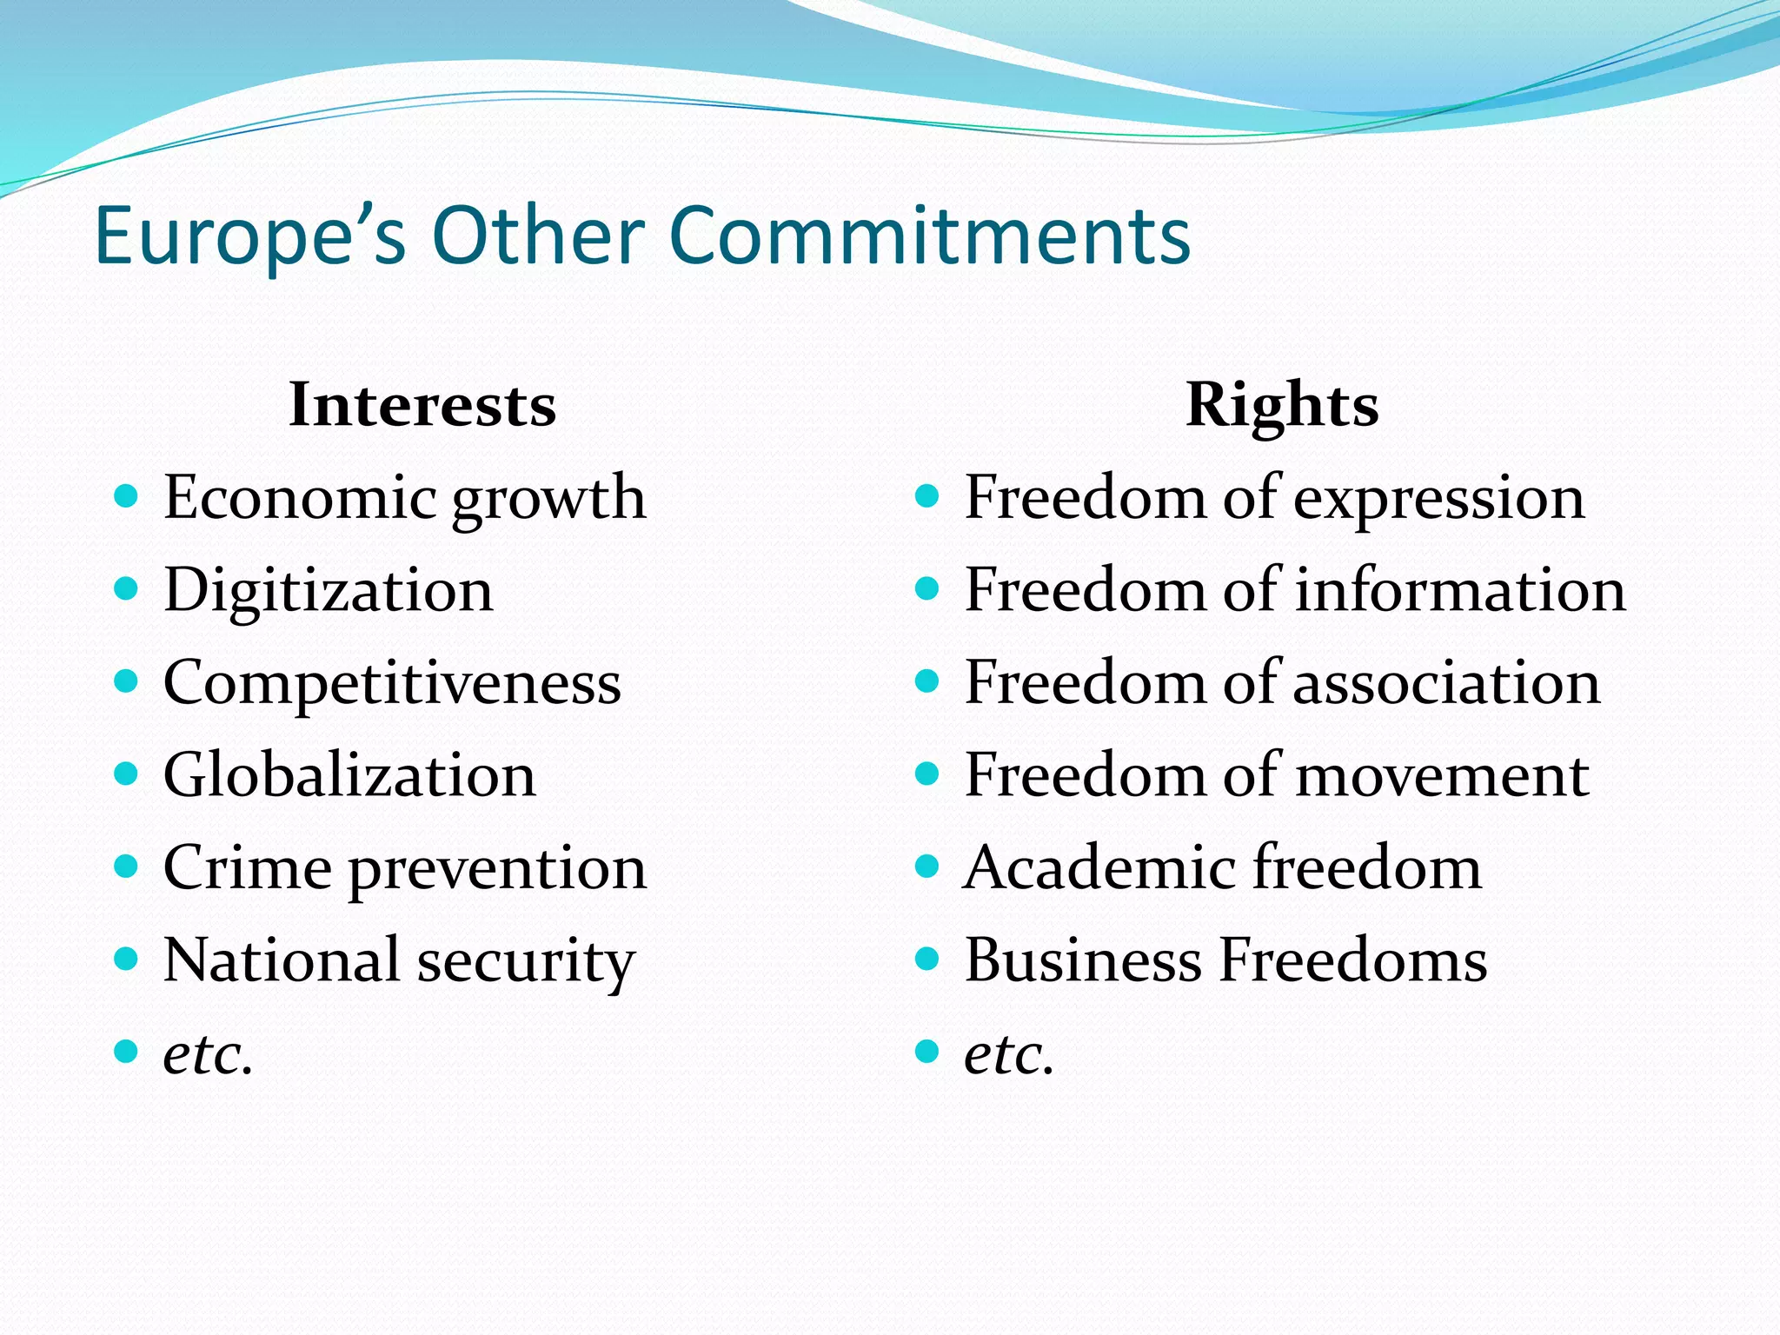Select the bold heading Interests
pos(422,405)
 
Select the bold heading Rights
pos(1282,405)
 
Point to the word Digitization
pos(329,590)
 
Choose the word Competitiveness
pos(392,683)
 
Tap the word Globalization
pos(349,775)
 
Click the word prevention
pos(498,869)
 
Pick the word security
pos(526,962)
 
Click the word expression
pos(1439,500)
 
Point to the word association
pos(1447,683)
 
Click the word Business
pos(1082,960)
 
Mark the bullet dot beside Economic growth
pos(127,496)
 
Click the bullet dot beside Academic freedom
pos(928,867)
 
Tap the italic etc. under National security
pos(208,1054)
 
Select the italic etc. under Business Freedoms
pos(1009,1054)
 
